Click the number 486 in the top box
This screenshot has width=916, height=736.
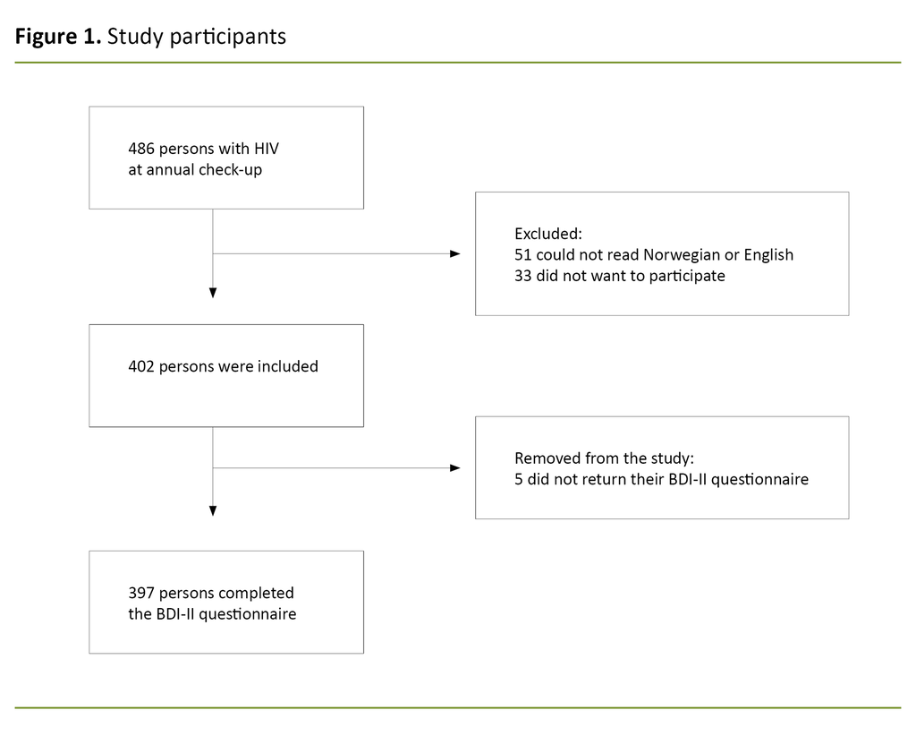tap(141, 149)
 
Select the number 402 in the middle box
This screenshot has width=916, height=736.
tap(141, 366)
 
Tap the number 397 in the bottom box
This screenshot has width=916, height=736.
tap(141, 593)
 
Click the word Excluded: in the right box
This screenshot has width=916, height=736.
tap(547, 234)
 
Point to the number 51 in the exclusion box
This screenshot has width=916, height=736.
tap(523, 255)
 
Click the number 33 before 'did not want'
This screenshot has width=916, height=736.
tap(523, 276)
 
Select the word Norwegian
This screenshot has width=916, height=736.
tap(682, 255)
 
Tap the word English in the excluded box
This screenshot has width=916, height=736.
tap(768, 255)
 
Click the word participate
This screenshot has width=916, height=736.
tap(685, 276)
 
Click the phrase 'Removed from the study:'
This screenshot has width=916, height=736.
tap(604, 458)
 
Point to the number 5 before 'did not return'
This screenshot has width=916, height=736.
tap(519, 479)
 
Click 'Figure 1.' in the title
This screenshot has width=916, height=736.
tap(58, 37)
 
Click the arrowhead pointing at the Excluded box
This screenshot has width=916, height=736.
tap(454, 253)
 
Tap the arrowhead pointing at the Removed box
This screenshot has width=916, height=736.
tap(454, 467)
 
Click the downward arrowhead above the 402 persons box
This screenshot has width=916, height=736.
tap(213, 292)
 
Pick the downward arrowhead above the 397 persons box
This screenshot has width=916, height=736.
tap(213, 510)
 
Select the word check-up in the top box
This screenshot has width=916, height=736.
tap(232, 169)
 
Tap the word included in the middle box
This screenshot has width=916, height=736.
tap(287, 366)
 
